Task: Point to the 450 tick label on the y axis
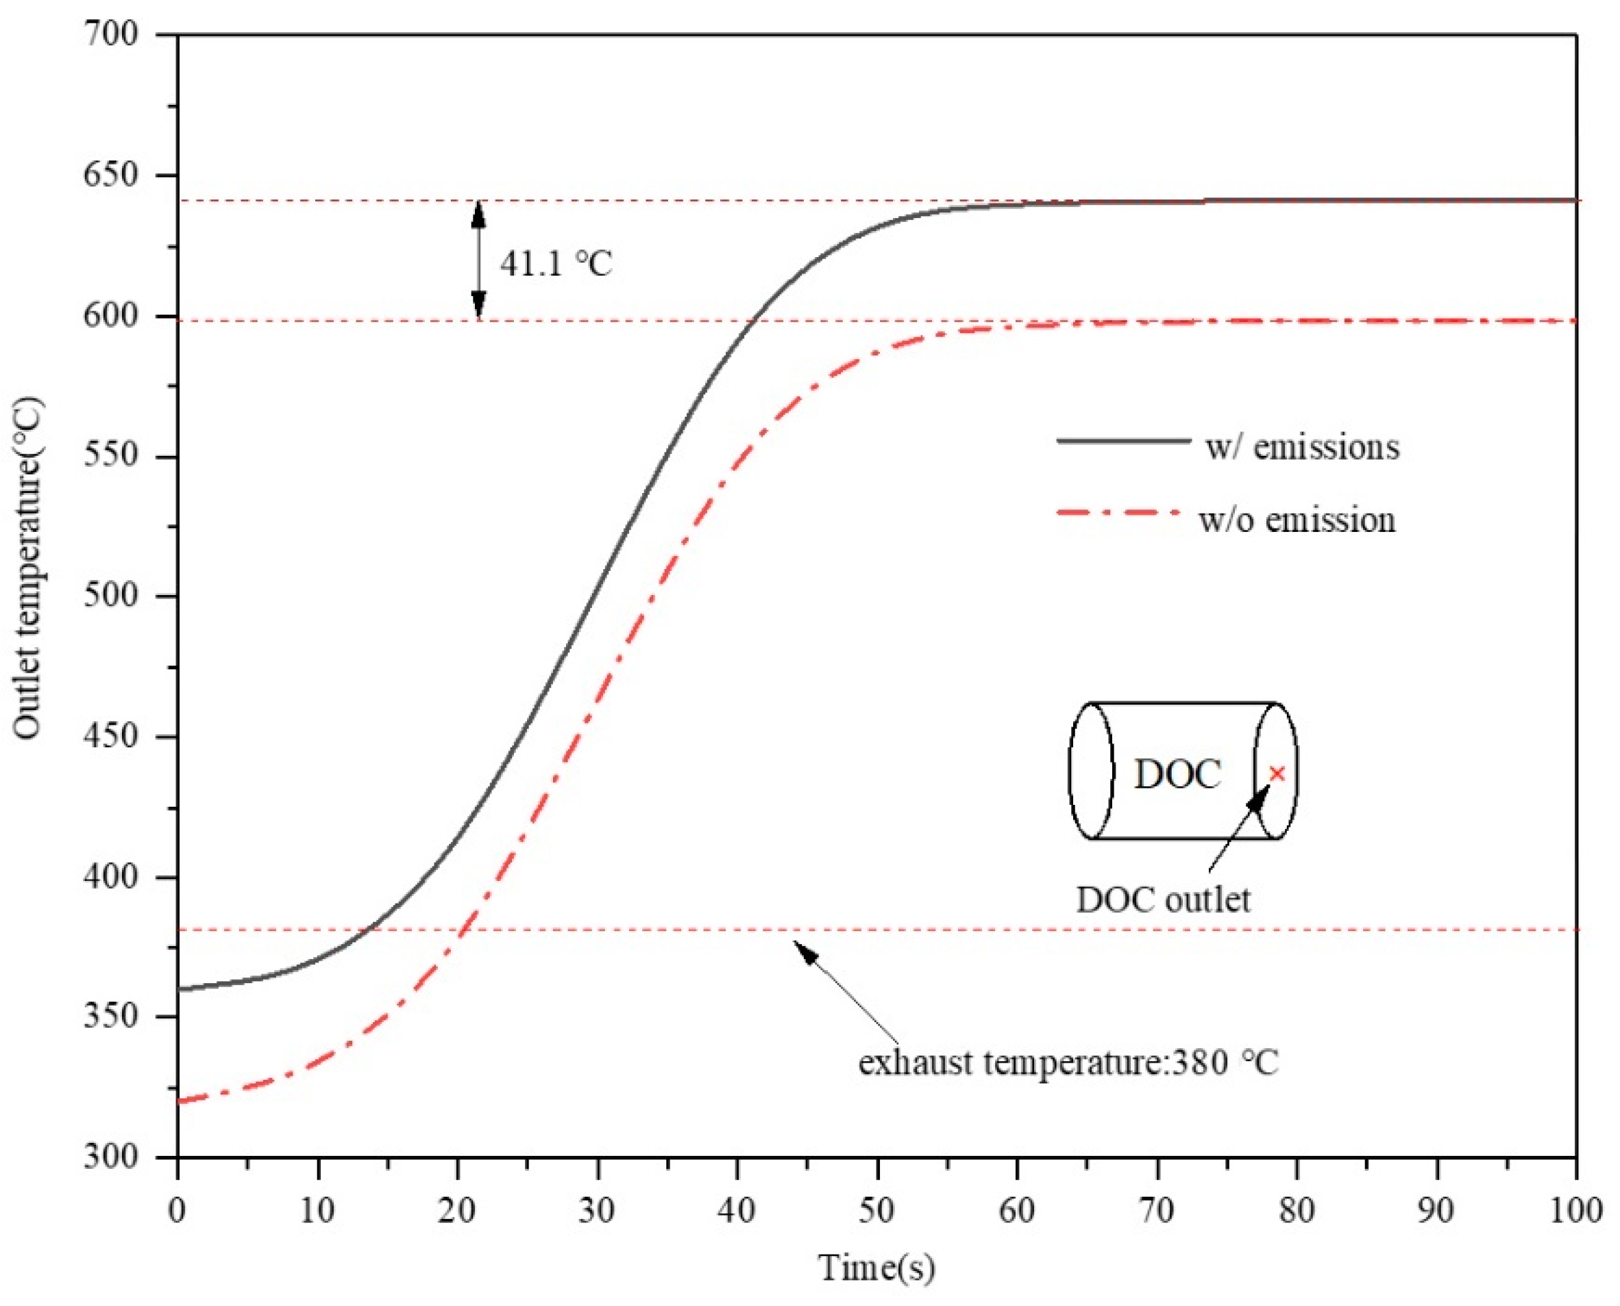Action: point(110,736)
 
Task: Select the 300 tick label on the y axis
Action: point(110,1157)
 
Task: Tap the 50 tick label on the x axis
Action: point(877,1211)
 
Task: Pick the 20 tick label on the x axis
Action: point(457,1211)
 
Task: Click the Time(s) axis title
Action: point(877,1268)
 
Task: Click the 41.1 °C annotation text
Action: point(556,263)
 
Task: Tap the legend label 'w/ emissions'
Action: point(1302,448)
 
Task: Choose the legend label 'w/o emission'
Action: point(1297,520)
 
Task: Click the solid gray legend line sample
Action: point(1123,441)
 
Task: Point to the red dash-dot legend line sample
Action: point(1118,513)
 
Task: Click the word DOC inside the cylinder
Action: point(1177,774)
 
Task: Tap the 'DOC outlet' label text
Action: point(1163,899)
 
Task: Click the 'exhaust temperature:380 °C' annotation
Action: point(1068,1063)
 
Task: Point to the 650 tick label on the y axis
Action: point(110,176)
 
